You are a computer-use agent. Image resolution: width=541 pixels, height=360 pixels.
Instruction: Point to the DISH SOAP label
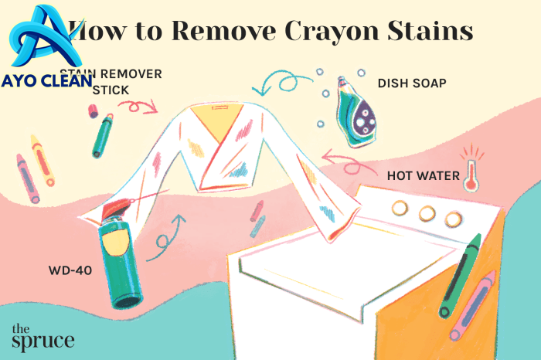413,83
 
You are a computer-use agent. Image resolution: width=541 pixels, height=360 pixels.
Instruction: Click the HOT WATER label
412,176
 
